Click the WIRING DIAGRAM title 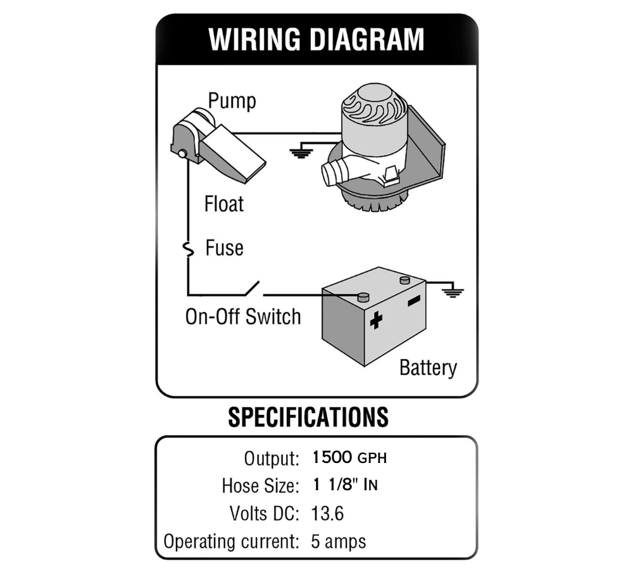coord(316,39)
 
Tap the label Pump coord(232,101)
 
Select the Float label coord(224,204)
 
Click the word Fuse coord(224,248)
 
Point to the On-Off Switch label coord(243,316)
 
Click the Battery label coord(428,367)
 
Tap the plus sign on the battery coord(376,320)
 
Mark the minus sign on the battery coord(414,300)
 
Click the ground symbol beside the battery coord(452,292)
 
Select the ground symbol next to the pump coord(299,151)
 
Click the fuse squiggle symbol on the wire coord(188,250)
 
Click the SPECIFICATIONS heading coord(308,417)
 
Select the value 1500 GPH coord(349,457)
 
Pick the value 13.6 coord(327,514)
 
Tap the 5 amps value coord(338,542)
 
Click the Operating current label coord(231,542)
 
